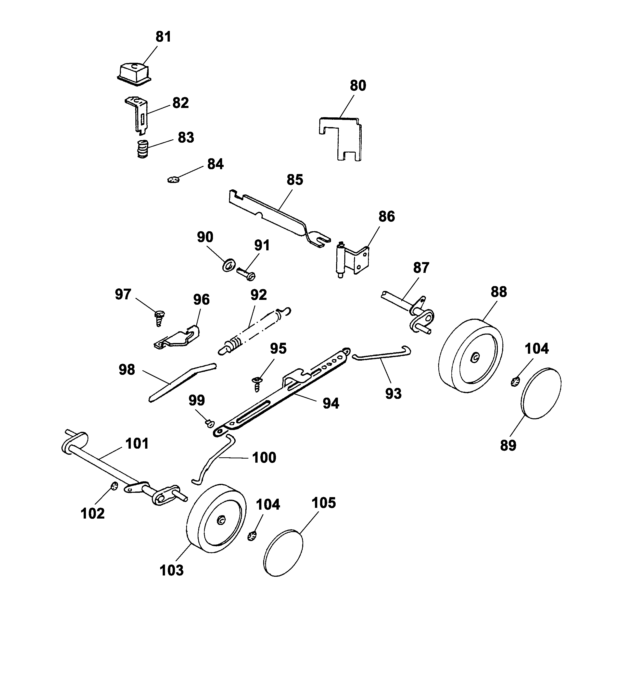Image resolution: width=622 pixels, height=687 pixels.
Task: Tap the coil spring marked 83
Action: (x=143, y=149)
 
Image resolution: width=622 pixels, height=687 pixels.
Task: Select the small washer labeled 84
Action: (x=173, y=179)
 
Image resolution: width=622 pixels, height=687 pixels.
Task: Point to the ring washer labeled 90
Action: (x=229, y=265)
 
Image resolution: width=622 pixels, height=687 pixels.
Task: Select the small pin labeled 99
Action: (x=209, y=423)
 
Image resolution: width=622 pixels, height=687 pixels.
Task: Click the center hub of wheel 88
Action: (x=475, y=357)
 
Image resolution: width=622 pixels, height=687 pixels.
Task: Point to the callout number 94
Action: (x=331, y=403)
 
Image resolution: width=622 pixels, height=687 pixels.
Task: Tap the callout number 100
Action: (x=264, y=457)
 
